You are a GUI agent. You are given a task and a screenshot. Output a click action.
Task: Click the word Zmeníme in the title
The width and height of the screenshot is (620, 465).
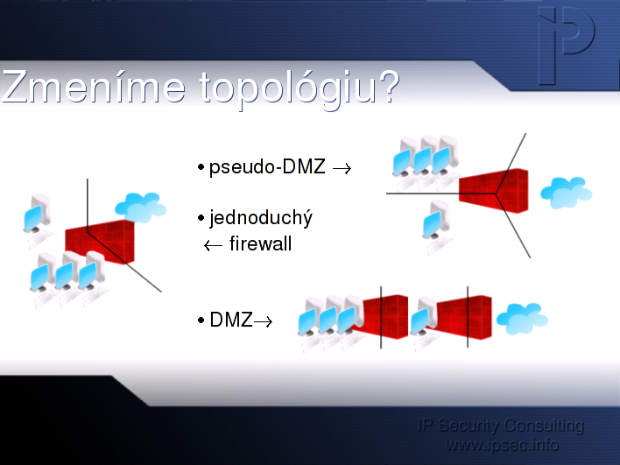click(94, 87)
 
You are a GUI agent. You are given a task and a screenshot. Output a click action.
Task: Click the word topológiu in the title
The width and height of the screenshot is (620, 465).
click(288, 90)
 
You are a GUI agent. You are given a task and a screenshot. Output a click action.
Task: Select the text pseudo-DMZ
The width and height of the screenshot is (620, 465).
click(267, 167)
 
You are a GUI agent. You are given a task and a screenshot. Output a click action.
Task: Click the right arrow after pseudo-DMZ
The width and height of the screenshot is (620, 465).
click(342, 169)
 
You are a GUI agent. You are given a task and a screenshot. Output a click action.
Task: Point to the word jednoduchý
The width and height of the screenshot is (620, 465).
click(261, 217)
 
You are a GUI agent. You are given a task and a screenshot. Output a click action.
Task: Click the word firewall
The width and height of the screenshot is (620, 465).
click(261, 243)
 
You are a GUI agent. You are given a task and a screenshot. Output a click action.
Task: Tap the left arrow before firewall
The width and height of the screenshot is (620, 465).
click(213, 245)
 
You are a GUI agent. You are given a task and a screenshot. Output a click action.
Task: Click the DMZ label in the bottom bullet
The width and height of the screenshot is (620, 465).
click(231, 320)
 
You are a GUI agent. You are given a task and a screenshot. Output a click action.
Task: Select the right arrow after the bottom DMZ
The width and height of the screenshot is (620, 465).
click(263, 321)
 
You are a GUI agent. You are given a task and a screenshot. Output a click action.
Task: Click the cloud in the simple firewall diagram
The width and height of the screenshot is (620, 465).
click(141, 208)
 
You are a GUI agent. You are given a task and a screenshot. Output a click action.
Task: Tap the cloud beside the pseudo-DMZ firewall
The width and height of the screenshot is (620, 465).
click(567, 193)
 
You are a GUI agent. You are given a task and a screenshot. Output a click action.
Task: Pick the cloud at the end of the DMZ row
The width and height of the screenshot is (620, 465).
click(522, 319)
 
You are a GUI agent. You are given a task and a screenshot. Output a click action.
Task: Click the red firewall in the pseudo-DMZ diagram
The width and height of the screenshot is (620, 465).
click(494, 192)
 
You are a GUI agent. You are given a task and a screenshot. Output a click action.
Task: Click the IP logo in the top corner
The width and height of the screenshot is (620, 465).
click(567, 46)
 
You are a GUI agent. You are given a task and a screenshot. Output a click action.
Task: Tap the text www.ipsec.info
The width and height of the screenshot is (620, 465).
click(502, 445)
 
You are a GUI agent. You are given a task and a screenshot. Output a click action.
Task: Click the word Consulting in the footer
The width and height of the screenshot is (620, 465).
click(544, 426)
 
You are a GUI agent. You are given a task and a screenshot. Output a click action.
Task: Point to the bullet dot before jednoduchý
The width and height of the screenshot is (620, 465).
click(201, 218)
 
